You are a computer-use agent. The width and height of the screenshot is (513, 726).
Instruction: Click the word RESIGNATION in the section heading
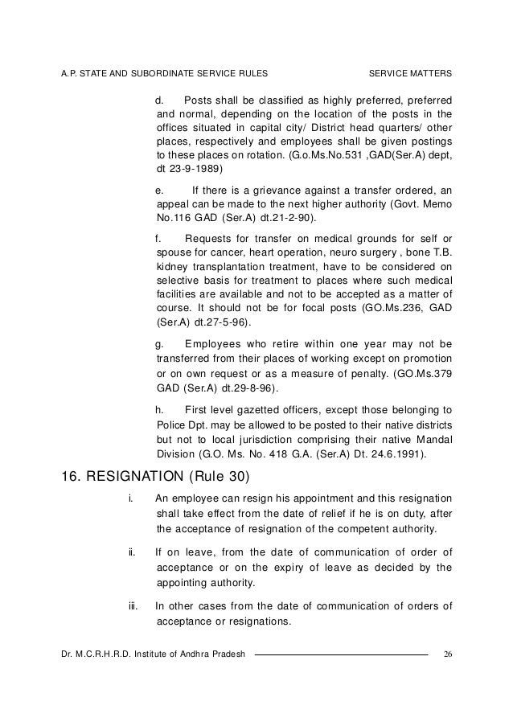138,475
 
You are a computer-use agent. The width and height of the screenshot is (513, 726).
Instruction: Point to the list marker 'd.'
159,100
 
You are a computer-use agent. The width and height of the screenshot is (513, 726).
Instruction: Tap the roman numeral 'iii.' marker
135,605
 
